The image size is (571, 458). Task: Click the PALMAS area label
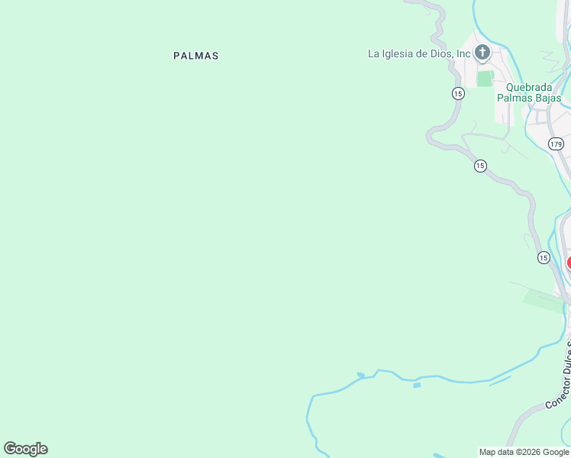pos(196,56)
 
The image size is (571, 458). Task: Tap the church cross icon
pos(482,53)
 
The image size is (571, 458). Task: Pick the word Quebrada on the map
pos(530,87)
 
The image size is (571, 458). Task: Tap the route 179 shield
pos(556,144)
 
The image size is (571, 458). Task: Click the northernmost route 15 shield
pos(458,93)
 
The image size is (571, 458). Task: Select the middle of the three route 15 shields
pos(480,166)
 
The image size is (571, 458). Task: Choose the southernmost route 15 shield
pos(544,258)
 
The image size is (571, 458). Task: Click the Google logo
pos(25,449)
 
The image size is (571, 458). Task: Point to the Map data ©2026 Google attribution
pos(524,452)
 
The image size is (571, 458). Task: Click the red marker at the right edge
pos(569,263)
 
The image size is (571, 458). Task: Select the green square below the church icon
pos(485,79)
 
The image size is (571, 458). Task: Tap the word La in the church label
pos(374,53)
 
